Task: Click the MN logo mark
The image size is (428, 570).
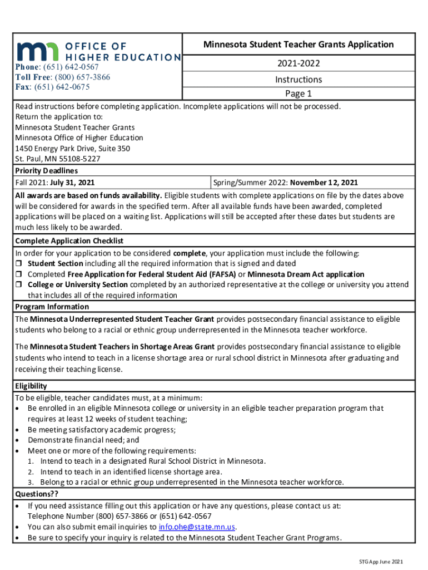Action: [x=34, y=51]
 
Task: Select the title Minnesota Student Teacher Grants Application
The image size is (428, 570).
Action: [x=298, y=45]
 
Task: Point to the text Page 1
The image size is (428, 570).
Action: [x=298, y=93]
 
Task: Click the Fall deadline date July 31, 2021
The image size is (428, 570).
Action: [x=72, y=182]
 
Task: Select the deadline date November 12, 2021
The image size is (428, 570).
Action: [x=324, y=182]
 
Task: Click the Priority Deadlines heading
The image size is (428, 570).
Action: [x=46, y=171]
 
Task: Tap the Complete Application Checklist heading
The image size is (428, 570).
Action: [x=69, y=241]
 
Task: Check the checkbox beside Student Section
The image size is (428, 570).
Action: [x=18, y=263]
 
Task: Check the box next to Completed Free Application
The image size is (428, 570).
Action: [x=18, y=274]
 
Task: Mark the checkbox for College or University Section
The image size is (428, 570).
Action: [x=18, y=285]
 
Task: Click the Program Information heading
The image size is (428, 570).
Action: [x=52, y=307]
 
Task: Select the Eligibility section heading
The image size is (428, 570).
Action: [x=31, y=386]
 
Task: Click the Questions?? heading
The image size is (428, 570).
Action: [x=37, y=494]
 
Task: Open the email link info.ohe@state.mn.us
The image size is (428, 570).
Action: [x=197, y=527]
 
